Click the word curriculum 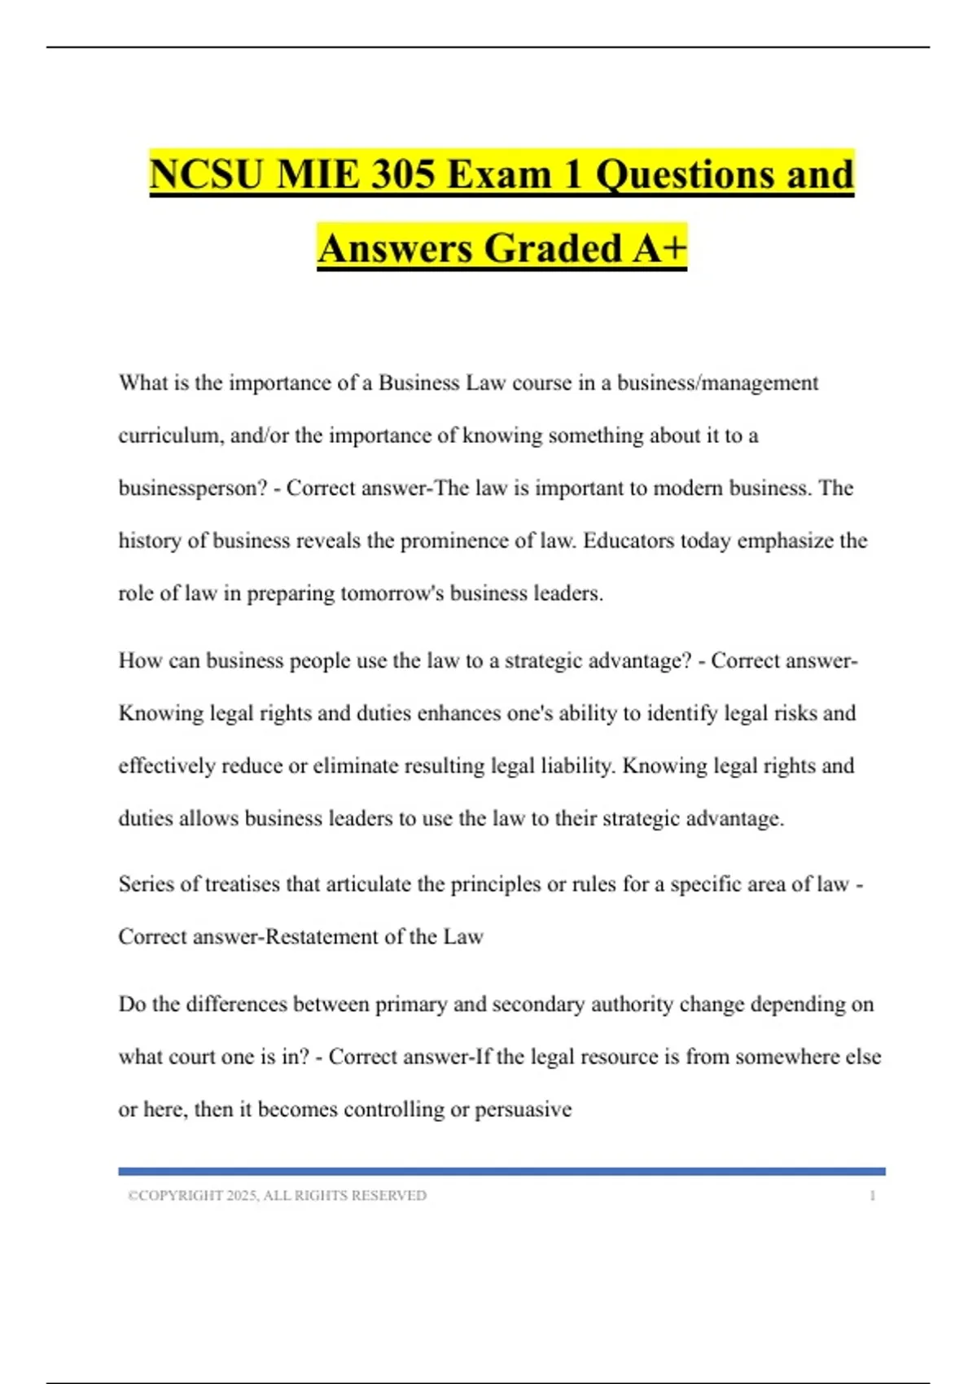(171, 436)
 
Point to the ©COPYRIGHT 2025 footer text (277, 1195)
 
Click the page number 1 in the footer (872, 1195)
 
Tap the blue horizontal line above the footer (502, 1172)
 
